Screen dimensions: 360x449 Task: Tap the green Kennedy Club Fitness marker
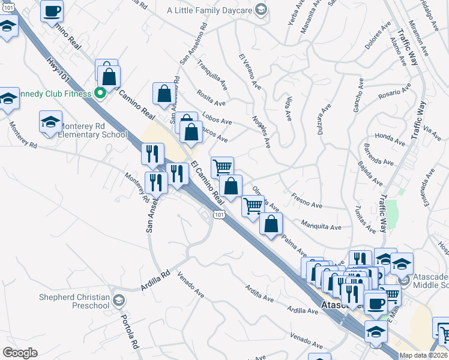click(100, 93)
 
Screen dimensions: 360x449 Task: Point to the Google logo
click(20, 353)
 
